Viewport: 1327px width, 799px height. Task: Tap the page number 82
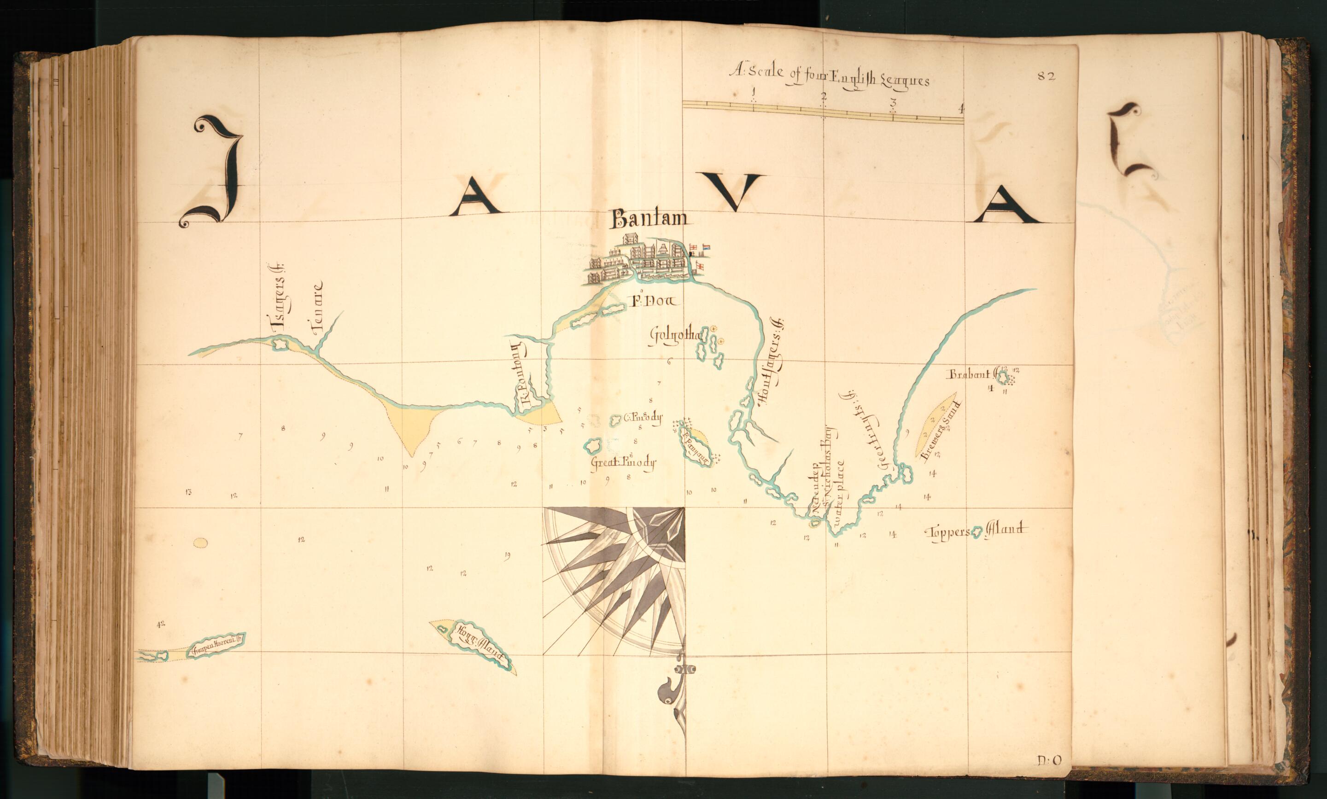[x=1046, y=76]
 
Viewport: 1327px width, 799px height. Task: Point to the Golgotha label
[x=672, y=337]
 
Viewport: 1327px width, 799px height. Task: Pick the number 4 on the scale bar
[x=961, y=108]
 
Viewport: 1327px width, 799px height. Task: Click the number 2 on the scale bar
[x=823, y=97]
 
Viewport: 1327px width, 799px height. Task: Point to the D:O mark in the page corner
[x=1049, y=760]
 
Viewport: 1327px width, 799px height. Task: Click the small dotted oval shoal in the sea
[x=200, y=543]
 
